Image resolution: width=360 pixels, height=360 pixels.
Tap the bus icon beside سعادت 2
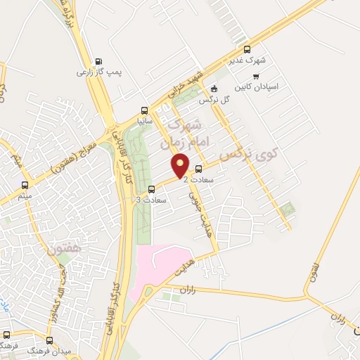tap(198, 169)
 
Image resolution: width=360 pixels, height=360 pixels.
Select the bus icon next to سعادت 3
tap(152, 189)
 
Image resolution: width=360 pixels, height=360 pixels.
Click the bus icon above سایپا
tap(144, 110)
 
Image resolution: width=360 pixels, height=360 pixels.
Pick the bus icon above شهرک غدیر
tap(247, 49)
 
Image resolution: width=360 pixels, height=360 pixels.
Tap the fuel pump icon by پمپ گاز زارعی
tap(97, 60)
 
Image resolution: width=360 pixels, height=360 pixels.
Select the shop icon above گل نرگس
tap(214, 89)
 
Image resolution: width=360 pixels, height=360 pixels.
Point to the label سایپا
tap(144, 121)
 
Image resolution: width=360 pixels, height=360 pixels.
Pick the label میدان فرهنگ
tap(45, 349)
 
